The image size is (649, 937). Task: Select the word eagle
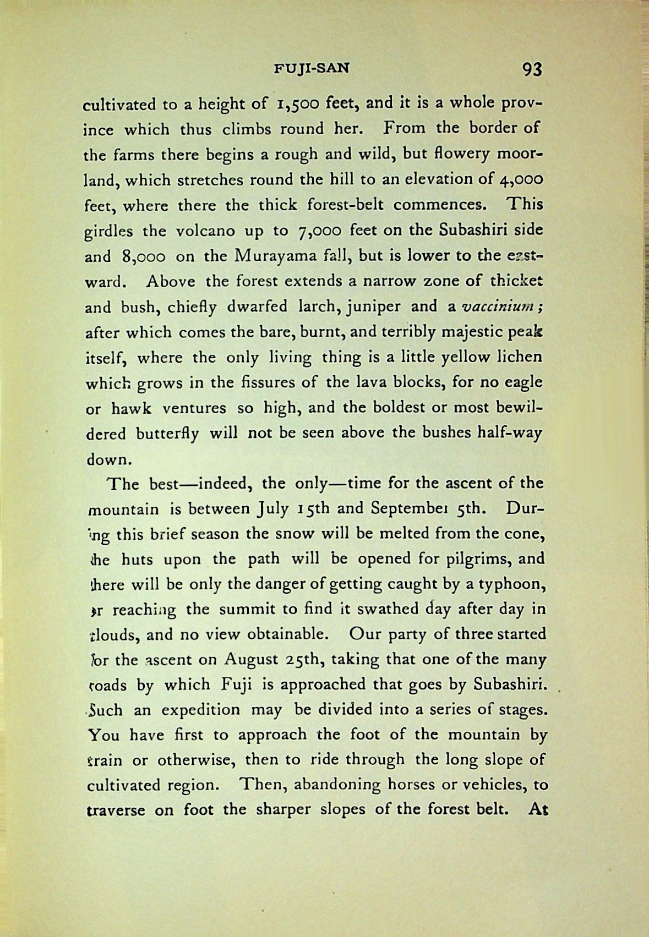521,382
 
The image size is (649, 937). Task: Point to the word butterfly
167,434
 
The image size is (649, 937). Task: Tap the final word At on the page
537,810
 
